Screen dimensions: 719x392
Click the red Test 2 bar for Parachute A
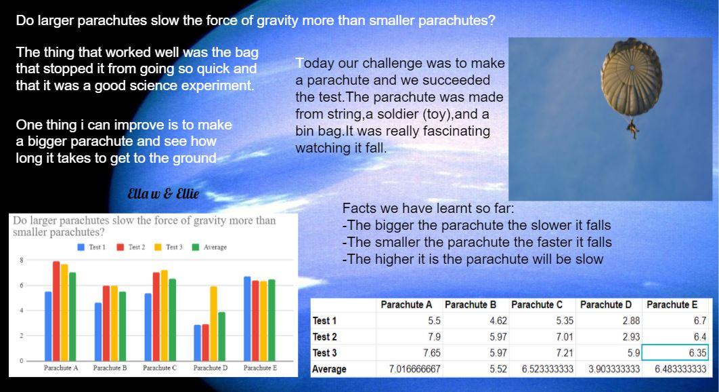[56, 311]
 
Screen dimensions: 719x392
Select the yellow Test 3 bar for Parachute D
[214, 324]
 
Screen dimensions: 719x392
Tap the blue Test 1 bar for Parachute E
[247, 319]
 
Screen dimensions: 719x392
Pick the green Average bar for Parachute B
[123, 326]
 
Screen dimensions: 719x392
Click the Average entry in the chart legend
[209, 248]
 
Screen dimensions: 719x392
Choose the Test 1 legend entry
[91, 248]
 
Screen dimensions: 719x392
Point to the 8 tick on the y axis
[22, 260]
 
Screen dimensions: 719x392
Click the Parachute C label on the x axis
[160, 368]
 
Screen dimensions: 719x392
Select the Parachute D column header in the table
[606, 305]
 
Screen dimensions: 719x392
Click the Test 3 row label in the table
[325, 353]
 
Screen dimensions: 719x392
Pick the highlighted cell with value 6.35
[675, 353]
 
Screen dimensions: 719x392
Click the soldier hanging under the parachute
[633, 129]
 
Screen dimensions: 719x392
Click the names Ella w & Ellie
[163, 193]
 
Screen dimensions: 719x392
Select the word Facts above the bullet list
[359, 208]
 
